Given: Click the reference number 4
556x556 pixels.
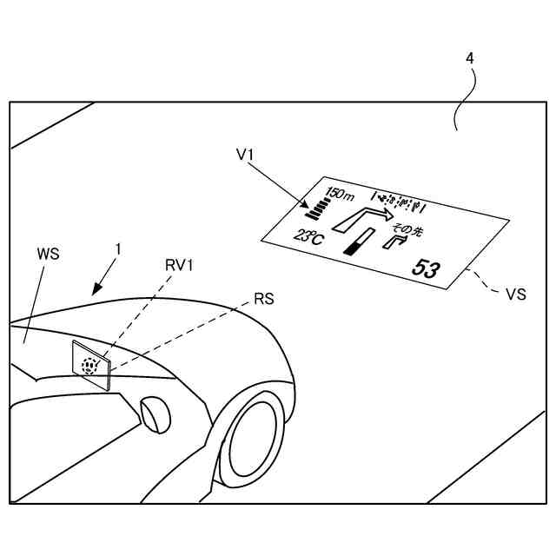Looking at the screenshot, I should click(470, 58).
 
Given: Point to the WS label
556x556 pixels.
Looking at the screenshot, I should click(49, 255).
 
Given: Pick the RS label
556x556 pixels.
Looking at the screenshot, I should click(264, 300).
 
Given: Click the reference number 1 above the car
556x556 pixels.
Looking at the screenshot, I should click(118, 249).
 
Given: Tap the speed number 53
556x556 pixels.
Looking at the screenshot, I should click(426, 268).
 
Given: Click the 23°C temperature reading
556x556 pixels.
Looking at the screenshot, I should click(308, 236).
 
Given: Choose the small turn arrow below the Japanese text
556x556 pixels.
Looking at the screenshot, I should click(396, 242).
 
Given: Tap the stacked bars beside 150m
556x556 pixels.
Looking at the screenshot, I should click(318, 208).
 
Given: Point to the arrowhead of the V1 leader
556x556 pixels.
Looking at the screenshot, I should click(308, 208).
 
